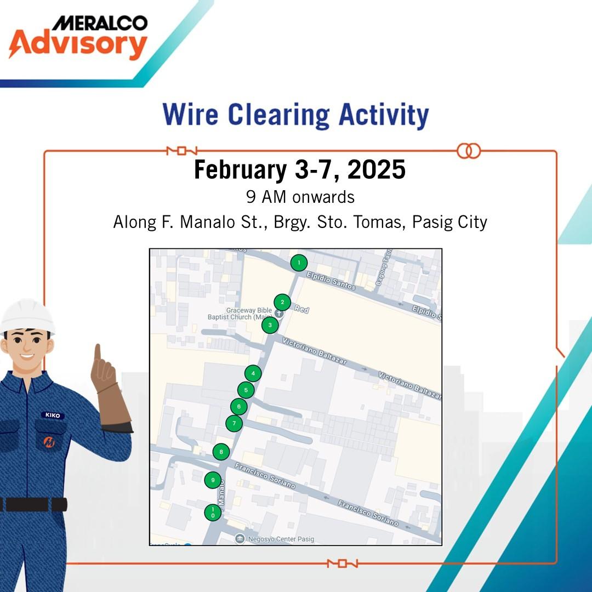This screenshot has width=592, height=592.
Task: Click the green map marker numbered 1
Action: coord(298,263)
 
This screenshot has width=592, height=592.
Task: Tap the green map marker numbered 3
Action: coord(270,325)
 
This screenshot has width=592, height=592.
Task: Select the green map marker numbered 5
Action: coord(246,390)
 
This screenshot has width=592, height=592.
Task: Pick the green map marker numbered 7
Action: coord(234,423)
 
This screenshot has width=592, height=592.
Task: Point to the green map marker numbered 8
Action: coord(221,452)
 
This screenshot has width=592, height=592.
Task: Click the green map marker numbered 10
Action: coord(213,513)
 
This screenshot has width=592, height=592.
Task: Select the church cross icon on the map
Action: coord(279,314)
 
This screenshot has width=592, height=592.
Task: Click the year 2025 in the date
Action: coord(376,170)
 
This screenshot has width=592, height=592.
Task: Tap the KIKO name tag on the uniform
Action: coord(53,415)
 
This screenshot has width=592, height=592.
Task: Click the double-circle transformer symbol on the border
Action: coord(468,150)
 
